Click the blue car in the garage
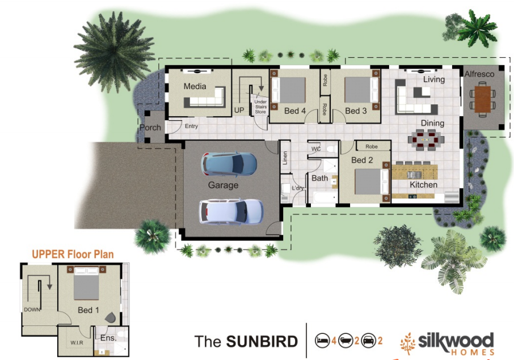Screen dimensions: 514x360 coord(229,164)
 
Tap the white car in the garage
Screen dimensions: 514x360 coord(231,211)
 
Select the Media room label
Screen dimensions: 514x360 coord(195,86)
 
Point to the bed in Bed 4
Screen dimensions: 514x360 coord(288,90)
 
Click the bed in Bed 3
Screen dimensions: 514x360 coord(361,90)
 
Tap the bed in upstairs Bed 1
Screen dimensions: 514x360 coord(87,283)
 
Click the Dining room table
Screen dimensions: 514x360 coord(426,140)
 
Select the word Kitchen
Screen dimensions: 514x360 coord(424,185)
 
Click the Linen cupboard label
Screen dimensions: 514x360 coord(285,158)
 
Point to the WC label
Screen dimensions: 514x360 coord(316,149)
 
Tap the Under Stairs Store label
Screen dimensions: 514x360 coord(260,107)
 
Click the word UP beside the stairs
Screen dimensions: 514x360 coord(239,111)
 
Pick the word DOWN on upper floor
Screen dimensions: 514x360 coord(32,310)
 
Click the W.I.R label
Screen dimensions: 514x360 coord(77,342)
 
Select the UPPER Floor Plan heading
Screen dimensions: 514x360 coord(73,254)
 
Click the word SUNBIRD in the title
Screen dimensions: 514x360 coord(262,341)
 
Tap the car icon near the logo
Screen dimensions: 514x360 coord(368,341)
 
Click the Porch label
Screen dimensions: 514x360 coord(150,128)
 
